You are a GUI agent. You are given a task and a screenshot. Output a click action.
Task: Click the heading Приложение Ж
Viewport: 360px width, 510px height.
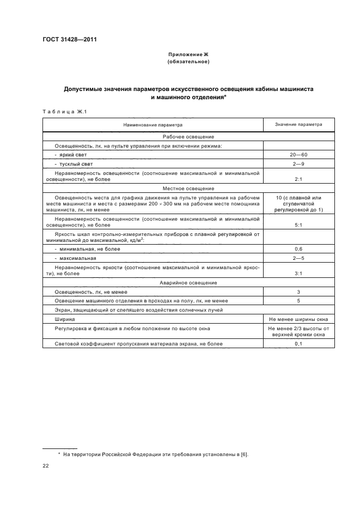[x=188, y=55]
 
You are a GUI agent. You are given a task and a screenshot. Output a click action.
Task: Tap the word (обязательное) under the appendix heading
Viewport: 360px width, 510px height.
[x=188, y=62]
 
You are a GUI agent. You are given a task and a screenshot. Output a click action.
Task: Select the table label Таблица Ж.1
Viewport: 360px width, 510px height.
[x=65, y=112]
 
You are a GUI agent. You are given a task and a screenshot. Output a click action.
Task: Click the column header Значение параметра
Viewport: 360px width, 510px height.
[x=298, y=125]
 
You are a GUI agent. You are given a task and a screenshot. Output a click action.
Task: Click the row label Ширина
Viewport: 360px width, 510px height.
[x=64, y=319]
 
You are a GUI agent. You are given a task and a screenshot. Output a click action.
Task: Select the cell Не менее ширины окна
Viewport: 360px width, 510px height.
[x=298, y=319]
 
